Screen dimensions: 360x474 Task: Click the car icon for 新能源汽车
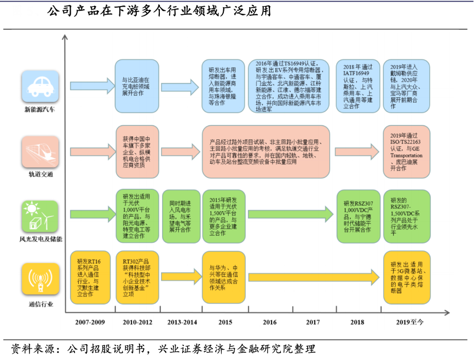39,86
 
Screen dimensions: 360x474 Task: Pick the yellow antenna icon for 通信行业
39,278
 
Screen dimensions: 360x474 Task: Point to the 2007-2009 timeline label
90,322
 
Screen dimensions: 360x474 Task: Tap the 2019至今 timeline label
410,322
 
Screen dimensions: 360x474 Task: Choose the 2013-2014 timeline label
182,322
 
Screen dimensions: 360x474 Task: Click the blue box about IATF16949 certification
357,86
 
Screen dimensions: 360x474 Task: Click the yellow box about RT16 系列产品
90,277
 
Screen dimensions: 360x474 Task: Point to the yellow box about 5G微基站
406,277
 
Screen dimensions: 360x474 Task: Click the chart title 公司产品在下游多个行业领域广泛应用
159,11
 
